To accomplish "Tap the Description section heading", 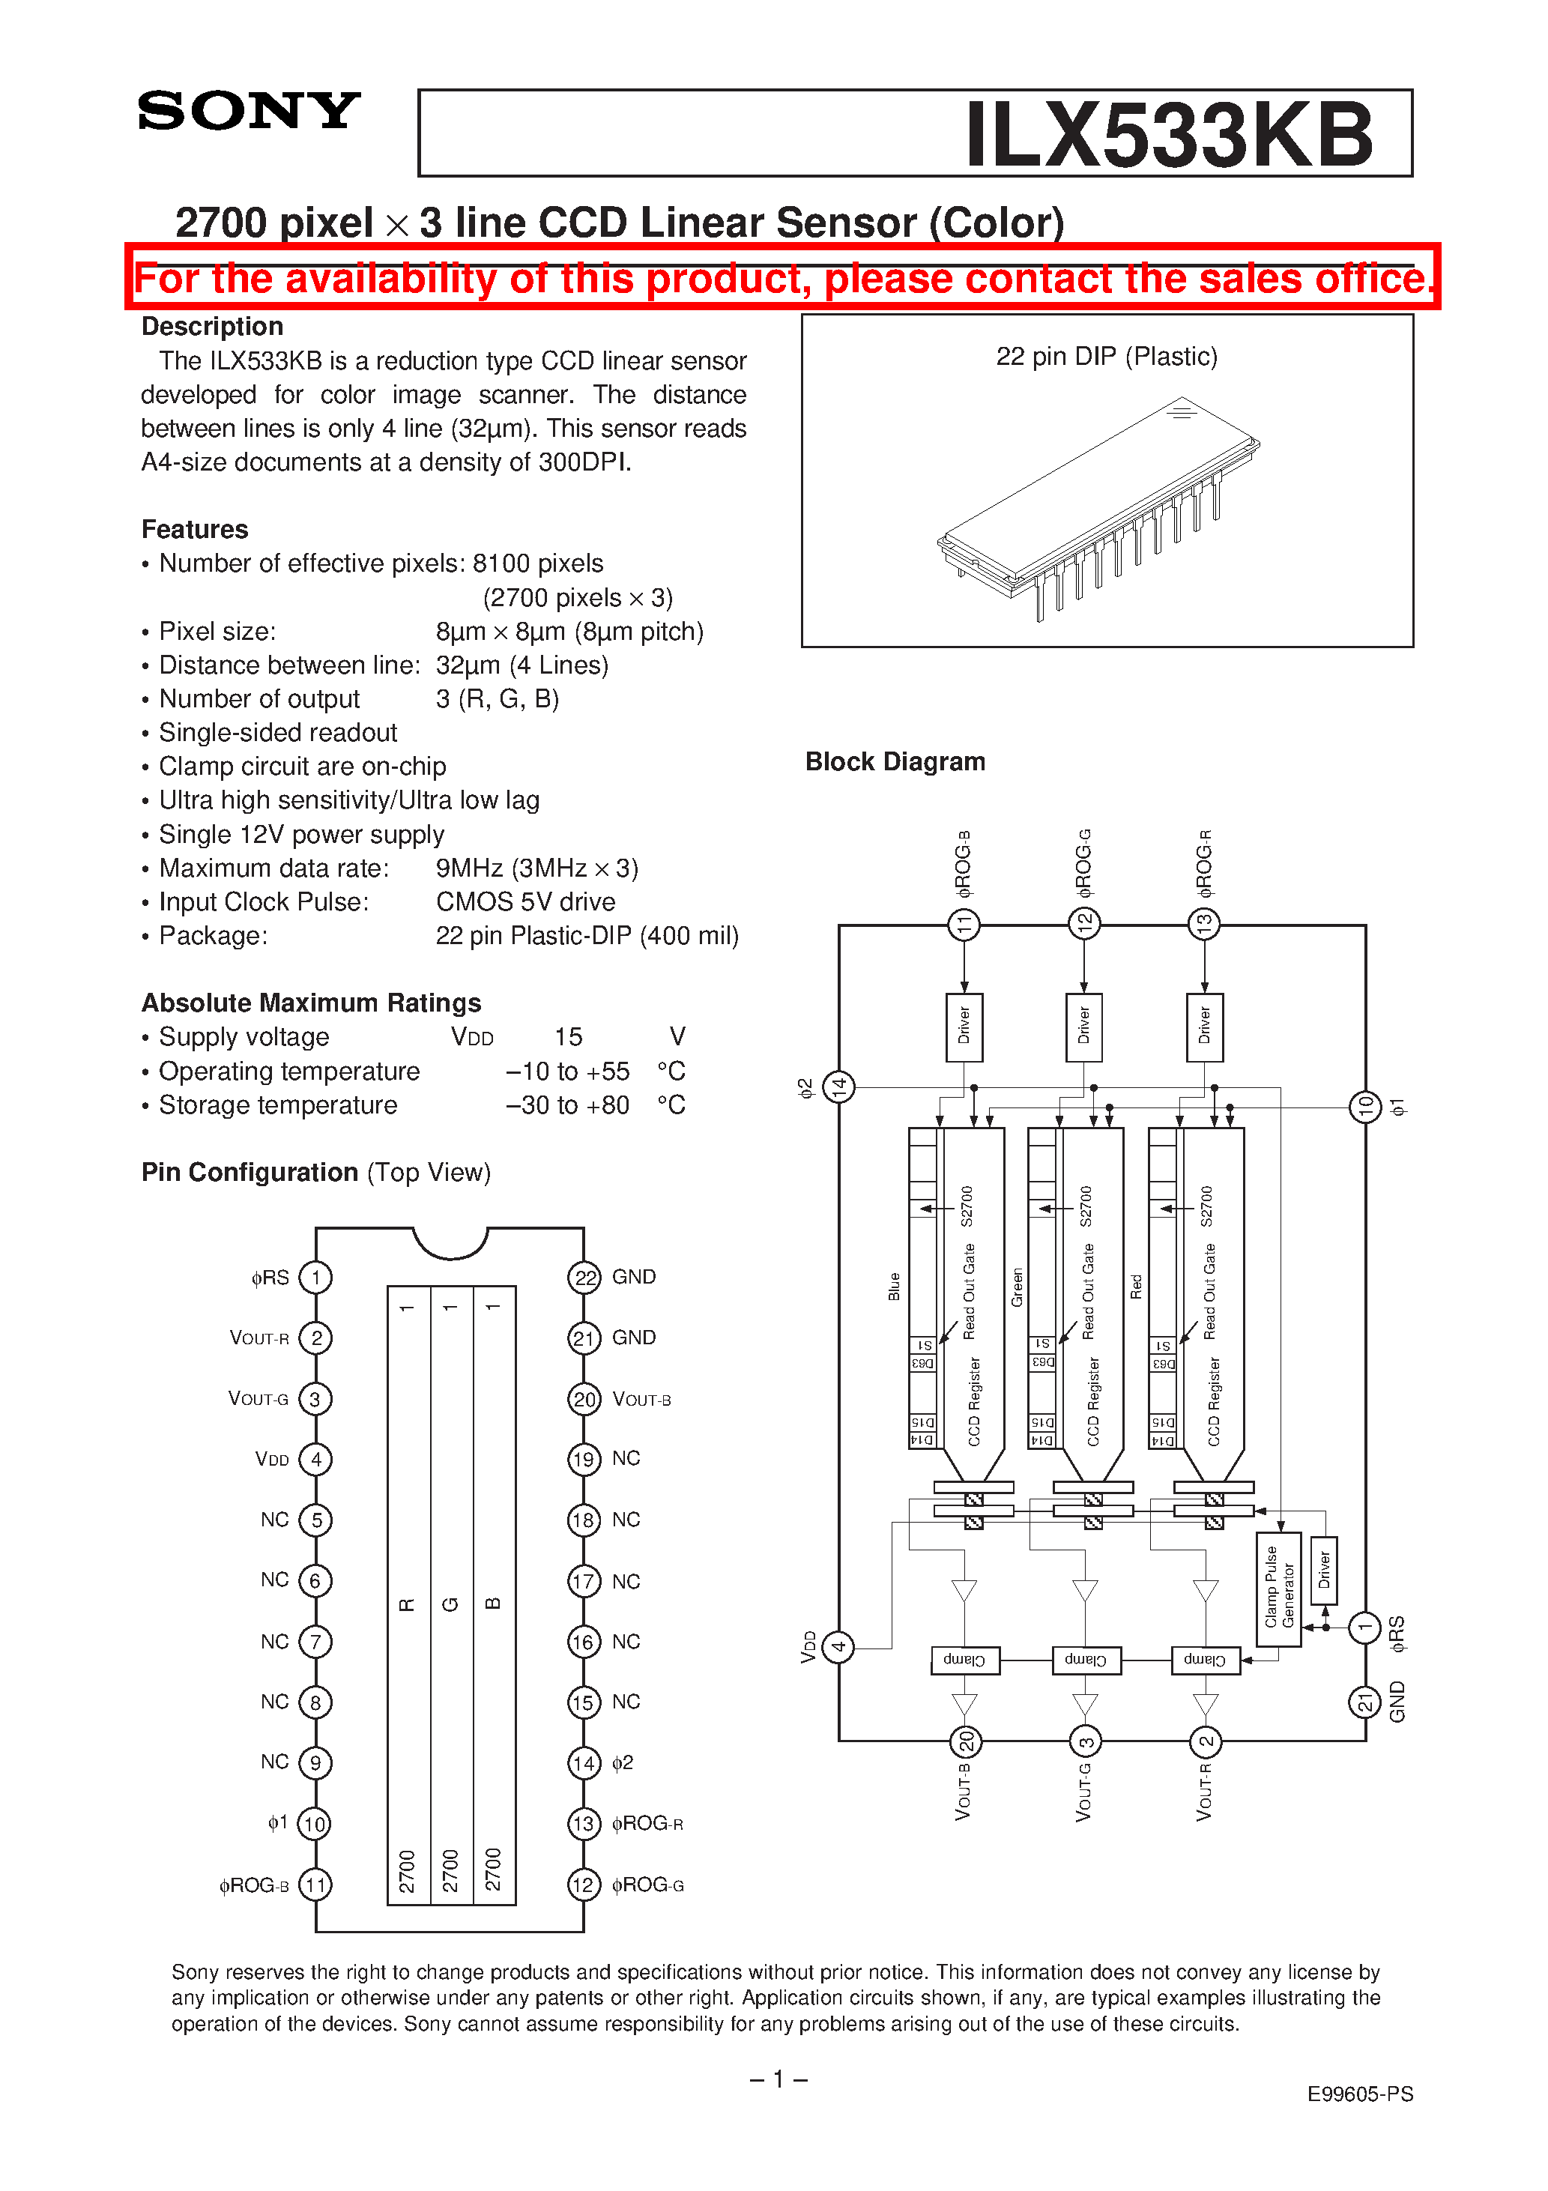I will [x=212, y=327].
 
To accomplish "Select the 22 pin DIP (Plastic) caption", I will [x=1106, y=356].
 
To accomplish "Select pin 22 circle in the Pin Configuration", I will [x=584, y=1277].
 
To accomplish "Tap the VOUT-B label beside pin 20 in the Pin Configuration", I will [x=641, y=1399].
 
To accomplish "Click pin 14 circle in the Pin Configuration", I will [x=584, y=1762].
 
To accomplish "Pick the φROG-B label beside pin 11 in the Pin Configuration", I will [x=253, y=1885].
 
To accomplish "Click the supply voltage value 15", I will [x=568, y=1036].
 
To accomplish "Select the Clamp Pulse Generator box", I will [x=1278, y=1588].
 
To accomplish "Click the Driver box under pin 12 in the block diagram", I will [x=1083, y=1027].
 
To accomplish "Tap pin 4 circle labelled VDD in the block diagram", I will [x=838, y=1646].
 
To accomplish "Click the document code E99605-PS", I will [x=1359, y=2094].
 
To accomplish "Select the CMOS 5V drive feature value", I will [x=525, y=901].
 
